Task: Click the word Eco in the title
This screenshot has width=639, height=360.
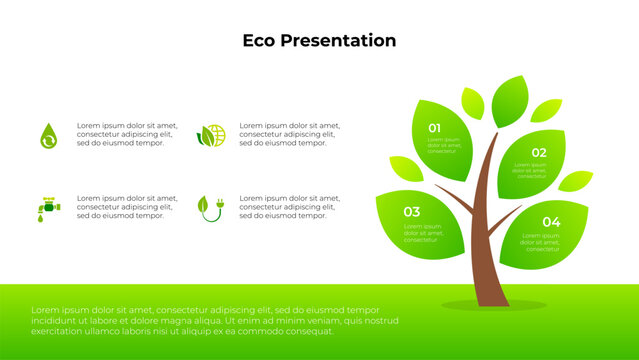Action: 261,41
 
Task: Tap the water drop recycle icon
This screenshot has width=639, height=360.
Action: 48,135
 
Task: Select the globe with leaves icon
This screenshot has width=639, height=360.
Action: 211,135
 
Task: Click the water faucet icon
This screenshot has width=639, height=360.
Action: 48,207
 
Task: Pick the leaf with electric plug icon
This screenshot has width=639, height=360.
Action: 211,207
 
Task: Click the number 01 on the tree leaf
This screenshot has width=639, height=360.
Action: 435,128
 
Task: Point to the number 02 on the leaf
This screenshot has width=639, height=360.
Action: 538,153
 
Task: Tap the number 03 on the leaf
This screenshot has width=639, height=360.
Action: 411,212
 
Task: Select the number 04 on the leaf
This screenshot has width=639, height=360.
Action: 551,221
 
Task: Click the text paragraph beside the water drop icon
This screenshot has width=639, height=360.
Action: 125,135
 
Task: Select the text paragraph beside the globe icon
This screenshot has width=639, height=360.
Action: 289,135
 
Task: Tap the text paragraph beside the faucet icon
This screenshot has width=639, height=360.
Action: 125,207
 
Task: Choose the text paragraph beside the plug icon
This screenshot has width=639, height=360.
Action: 289,207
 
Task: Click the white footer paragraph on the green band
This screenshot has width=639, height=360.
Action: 205,320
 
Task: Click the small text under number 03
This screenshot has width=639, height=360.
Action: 422,233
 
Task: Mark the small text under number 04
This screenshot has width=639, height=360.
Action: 542,242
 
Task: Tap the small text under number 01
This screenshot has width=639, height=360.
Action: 445,146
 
